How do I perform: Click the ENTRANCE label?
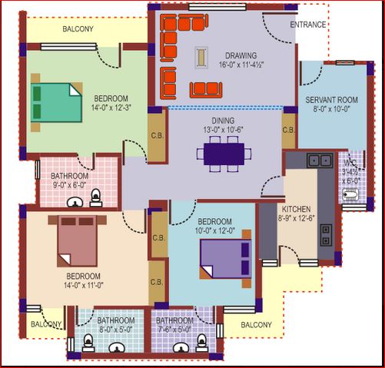(308, 25)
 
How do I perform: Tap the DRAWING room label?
(241, 56)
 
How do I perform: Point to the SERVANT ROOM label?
(331, 101)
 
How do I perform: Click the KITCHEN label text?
(296, 209)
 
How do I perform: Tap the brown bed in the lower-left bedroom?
(75, 240)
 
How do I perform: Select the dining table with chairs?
(224, 152)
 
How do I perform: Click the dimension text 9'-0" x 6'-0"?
(70, 185)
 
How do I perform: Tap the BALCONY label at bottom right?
(256, 325)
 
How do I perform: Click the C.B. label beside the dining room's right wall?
(289, 130)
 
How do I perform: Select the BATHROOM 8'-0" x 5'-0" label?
(117, 325)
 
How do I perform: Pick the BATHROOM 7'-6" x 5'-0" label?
(174, 325)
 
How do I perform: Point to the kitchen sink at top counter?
(314, 161)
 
